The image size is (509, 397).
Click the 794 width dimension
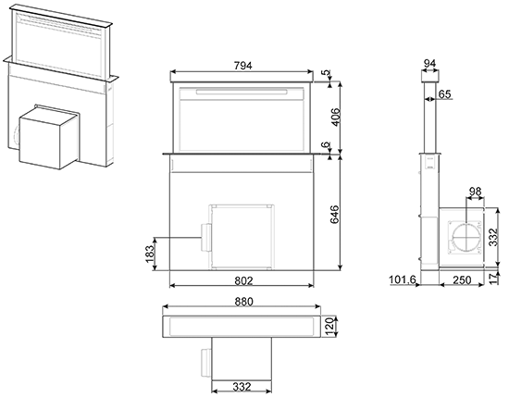[242, 66]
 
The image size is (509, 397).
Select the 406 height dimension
[335, 118]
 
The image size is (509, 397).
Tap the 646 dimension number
[335, 214]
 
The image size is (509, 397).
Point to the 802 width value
[243, 279]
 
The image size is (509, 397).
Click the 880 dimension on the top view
[243, 302]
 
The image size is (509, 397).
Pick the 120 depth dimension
[329, 327]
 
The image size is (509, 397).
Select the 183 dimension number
[150, 254]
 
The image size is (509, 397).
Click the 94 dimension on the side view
[429, 63]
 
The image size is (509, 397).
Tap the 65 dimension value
[445, 93]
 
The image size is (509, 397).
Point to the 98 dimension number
[475, 192]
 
